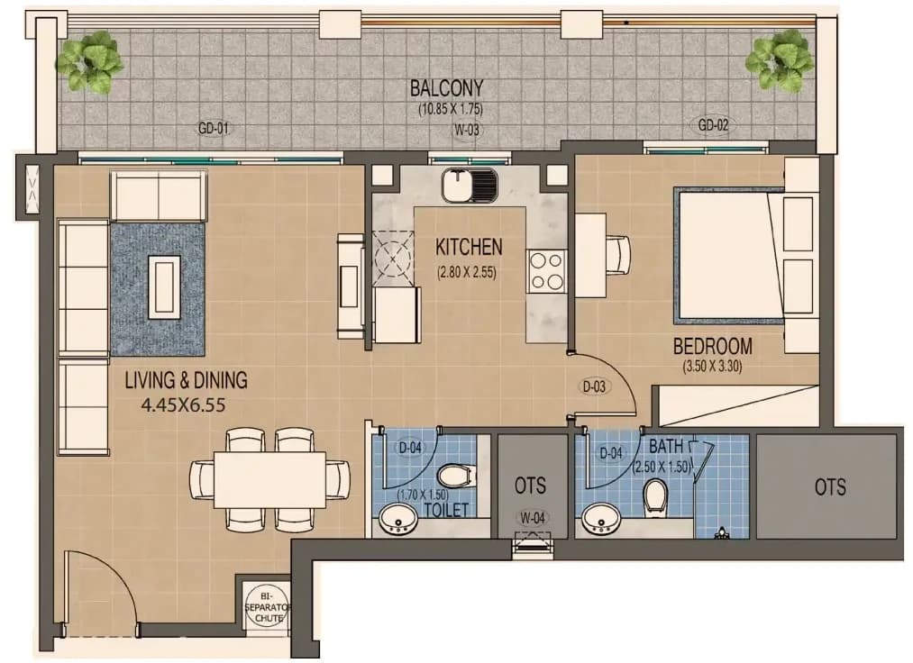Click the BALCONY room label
click(447, 88)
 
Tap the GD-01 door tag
click(213, 128)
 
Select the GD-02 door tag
click(713, 124)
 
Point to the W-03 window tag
click(467, 130)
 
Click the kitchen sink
click(470, 185)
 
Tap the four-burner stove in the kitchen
click(547, 271)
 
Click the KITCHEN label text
click(469, 247)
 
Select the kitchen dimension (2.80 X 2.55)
click(467, 272)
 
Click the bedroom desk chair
click(618, 254)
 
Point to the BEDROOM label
click(713, 346)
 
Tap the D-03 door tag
click(594, 386)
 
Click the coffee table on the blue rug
click(164, 287)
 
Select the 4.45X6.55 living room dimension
click(184, 404)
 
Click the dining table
click(270, 479)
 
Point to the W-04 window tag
click(532, 517)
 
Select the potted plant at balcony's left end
click(89, 61)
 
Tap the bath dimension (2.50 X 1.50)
click(662, 467)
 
